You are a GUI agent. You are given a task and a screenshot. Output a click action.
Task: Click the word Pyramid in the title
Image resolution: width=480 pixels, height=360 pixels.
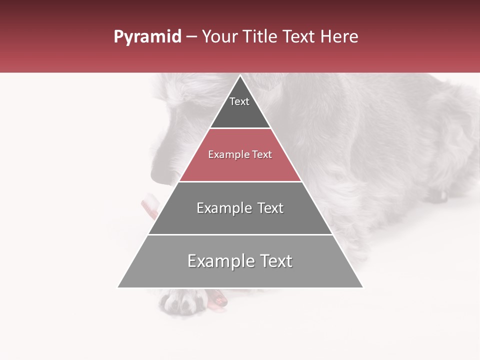point(147,37)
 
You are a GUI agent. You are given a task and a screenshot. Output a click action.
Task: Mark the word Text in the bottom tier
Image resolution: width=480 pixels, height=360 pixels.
point(273,261)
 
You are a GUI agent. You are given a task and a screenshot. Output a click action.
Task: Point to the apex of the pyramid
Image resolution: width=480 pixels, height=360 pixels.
point(240,76)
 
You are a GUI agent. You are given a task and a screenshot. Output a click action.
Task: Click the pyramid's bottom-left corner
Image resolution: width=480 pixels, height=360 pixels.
point(118,287)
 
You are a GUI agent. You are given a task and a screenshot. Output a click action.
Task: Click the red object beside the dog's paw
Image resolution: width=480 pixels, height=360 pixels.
point(218,299)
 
